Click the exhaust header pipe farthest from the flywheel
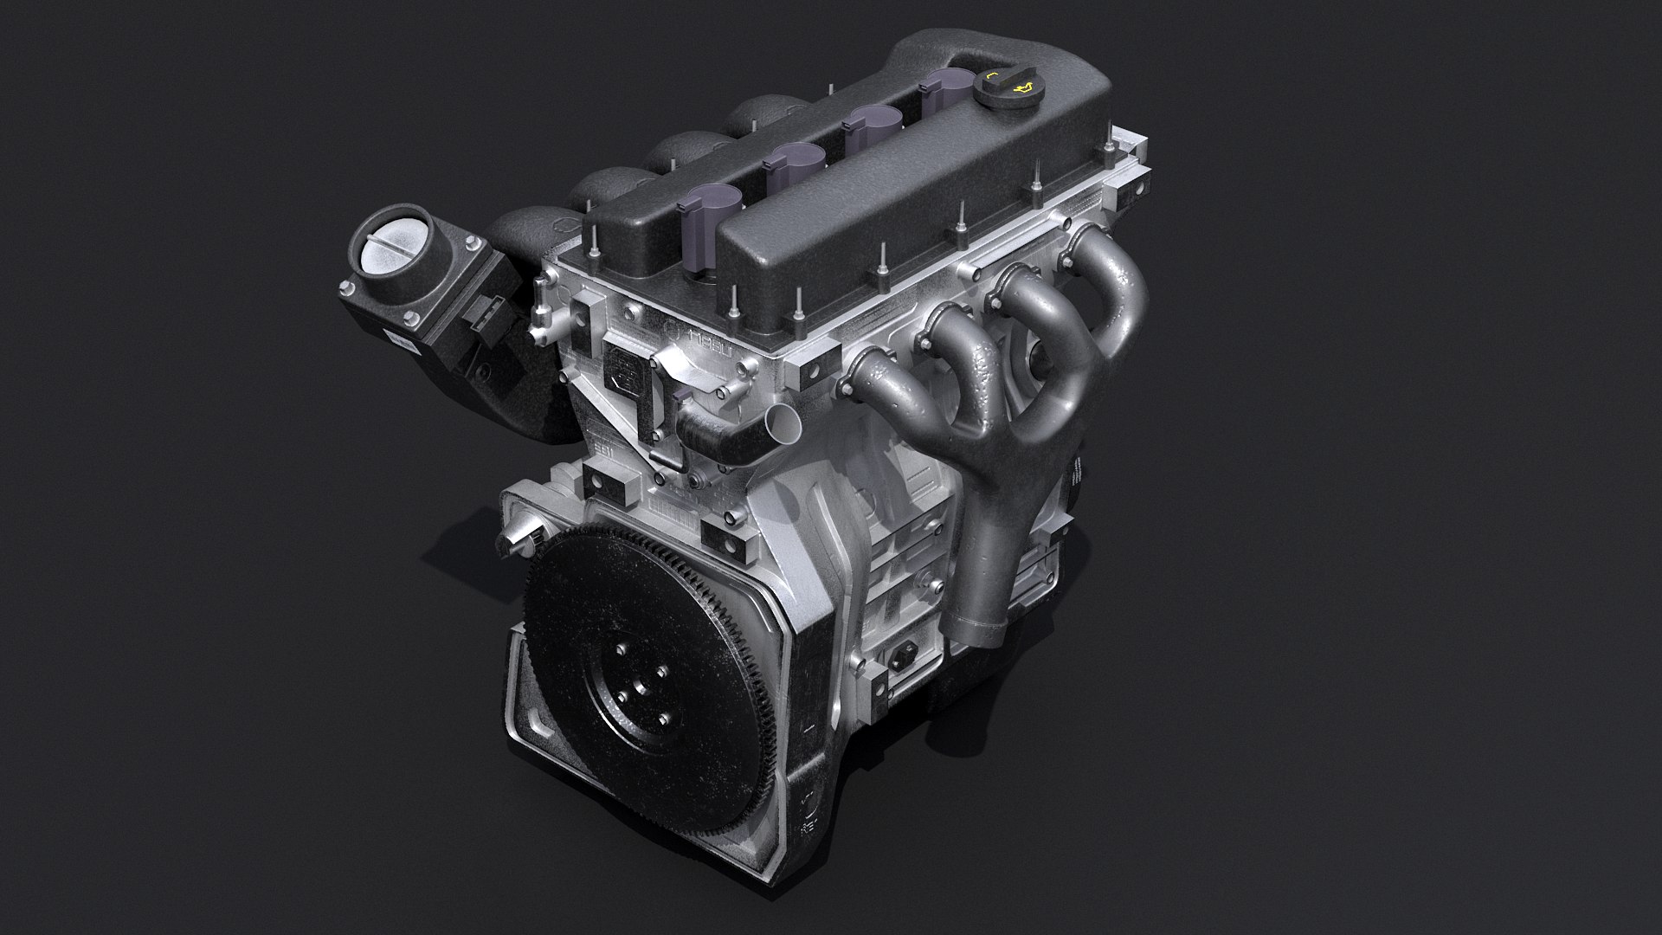pyautogui.click(x=1118, y=260)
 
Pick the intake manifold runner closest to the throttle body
pyautogui.click(x=519, y=229)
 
